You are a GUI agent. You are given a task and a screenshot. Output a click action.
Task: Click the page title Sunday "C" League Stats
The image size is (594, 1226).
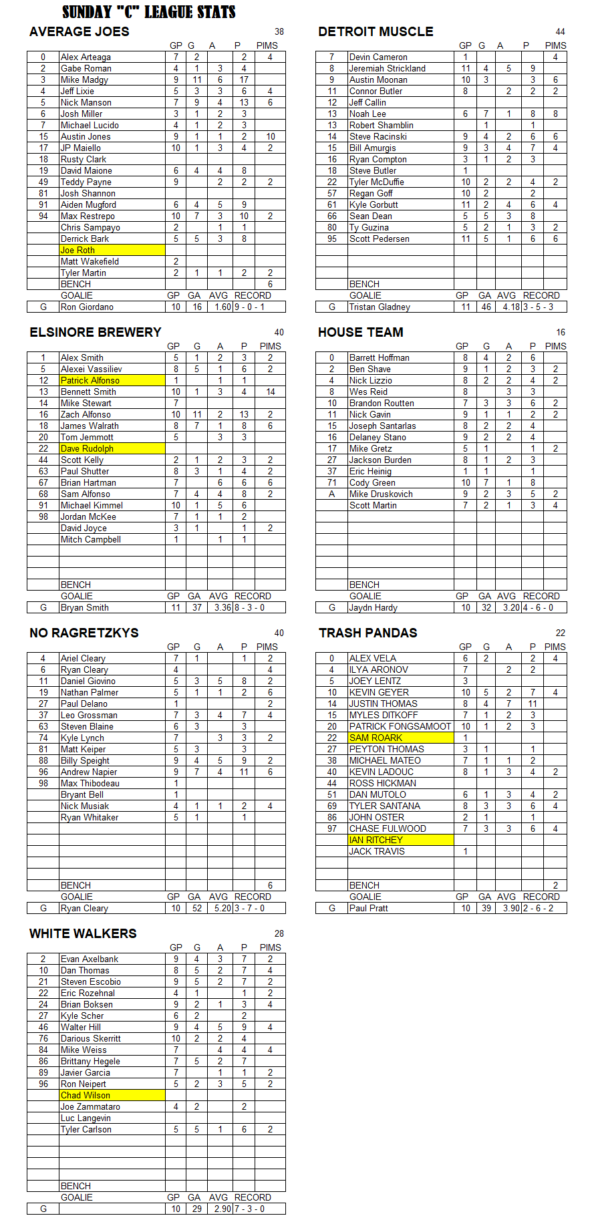[x=148, y=12]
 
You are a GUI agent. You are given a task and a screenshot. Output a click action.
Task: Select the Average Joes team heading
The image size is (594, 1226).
[x=80, y=31]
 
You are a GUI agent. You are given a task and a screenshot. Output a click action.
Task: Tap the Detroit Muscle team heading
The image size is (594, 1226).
[x=376, y=31]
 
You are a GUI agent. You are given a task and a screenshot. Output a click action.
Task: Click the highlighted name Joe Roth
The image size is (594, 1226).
[x=78, y=250]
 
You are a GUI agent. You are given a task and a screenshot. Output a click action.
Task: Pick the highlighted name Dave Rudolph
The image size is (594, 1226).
[x=87, y=448]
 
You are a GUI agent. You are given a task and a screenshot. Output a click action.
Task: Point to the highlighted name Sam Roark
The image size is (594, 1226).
[x=376, y=738]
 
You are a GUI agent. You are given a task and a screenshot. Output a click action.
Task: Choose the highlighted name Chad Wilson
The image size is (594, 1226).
[x=86, y=1095]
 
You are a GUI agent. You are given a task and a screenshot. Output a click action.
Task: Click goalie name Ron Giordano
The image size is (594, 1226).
[x=87, y=307]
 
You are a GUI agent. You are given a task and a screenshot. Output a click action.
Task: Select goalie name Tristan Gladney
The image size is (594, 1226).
[x=380, y=307]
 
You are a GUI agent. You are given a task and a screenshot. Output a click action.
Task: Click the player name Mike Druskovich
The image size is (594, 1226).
[x=381, y=494]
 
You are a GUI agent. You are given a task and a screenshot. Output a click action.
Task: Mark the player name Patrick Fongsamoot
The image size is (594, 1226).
[x=400, y=726]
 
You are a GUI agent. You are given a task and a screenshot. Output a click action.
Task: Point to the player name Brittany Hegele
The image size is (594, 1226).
[x=90, y=1061]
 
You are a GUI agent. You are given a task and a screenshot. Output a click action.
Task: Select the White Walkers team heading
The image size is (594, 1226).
[x=83, y=933]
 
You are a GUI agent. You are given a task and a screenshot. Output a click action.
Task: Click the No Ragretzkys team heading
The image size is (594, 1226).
[x=84, y=633]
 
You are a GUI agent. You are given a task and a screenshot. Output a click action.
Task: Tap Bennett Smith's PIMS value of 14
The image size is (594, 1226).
[x=270, y=392]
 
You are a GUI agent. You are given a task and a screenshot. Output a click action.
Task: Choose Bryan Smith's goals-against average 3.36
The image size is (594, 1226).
[x=222, y=607]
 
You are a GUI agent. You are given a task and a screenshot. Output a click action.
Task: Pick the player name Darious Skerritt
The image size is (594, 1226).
[x=91, y=1038]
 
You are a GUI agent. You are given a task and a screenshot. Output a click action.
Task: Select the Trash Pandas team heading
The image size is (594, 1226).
[x=367, y=633]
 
